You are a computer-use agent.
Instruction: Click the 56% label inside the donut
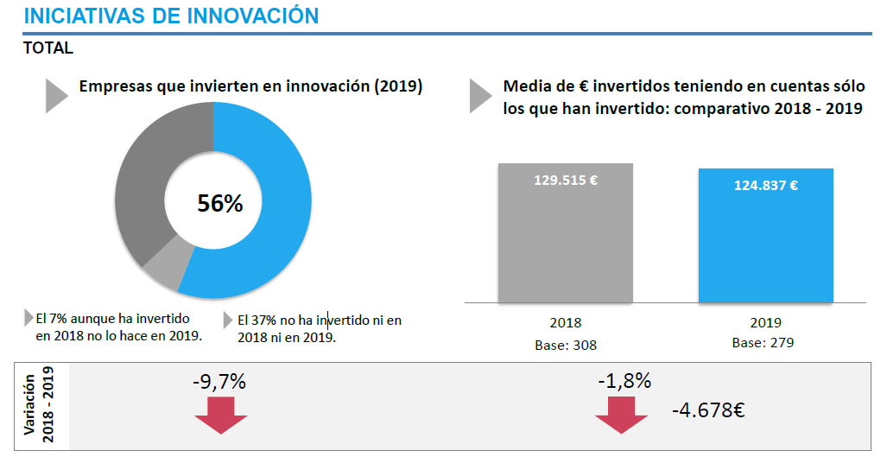[219, 203]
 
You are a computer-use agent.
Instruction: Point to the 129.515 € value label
[565, 181]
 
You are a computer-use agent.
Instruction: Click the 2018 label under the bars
[565, 323]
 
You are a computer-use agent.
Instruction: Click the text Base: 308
[565, 345]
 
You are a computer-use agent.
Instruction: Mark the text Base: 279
[763, 342]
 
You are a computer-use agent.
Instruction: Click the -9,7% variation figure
[220, 381]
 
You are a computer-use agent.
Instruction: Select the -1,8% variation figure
[623, 381]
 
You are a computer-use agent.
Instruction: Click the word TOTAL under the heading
[48, 48]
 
